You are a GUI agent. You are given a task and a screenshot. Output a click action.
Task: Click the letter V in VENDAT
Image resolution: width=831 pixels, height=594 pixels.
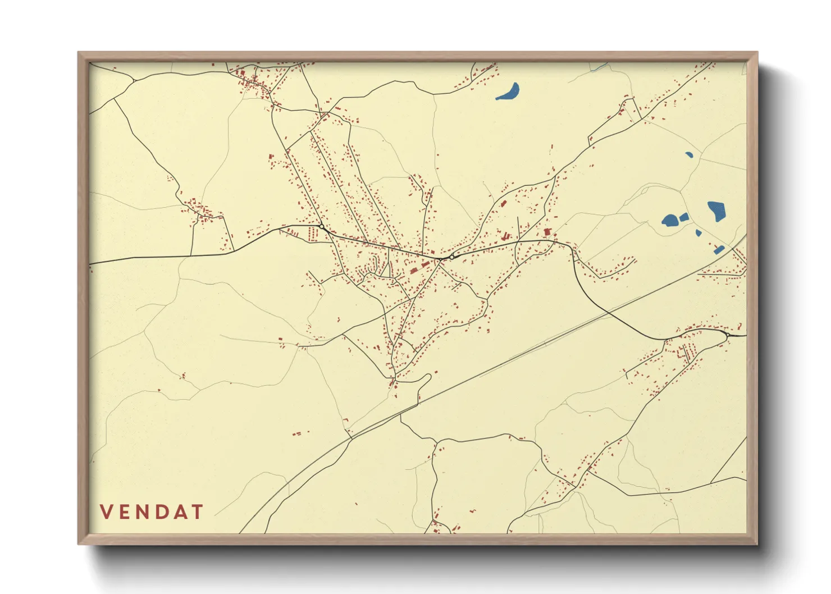107,512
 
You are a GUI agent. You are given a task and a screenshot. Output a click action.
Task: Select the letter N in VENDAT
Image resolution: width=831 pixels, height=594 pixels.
145,512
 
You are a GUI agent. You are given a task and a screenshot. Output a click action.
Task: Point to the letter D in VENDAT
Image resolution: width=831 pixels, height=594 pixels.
165,512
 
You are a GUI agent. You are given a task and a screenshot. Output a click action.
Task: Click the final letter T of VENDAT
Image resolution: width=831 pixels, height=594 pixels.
198,512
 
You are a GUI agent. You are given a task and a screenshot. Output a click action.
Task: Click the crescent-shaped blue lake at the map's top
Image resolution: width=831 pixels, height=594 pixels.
509,92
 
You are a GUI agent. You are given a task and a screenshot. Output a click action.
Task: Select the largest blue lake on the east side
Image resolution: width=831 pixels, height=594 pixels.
716,211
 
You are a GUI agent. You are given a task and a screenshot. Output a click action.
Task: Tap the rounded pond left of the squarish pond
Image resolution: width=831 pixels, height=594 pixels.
670,220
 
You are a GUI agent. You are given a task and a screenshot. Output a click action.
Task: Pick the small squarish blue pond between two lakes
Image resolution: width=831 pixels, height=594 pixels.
684,217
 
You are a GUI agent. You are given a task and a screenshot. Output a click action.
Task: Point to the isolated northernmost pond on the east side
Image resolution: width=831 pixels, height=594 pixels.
688,154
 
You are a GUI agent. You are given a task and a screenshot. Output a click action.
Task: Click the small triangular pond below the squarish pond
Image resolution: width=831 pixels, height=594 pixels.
698,232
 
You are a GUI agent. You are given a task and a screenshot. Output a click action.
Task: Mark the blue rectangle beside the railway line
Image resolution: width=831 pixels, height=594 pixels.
719,249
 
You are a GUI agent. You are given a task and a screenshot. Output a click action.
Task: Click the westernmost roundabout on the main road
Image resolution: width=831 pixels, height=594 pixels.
322,226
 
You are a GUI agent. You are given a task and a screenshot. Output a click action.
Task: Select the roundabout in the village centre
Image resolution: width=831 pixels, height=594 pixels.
451,257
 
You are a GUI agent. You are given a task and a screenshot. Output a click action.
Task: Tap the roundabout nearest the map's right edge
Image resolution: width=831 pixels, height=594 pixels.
728,335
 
